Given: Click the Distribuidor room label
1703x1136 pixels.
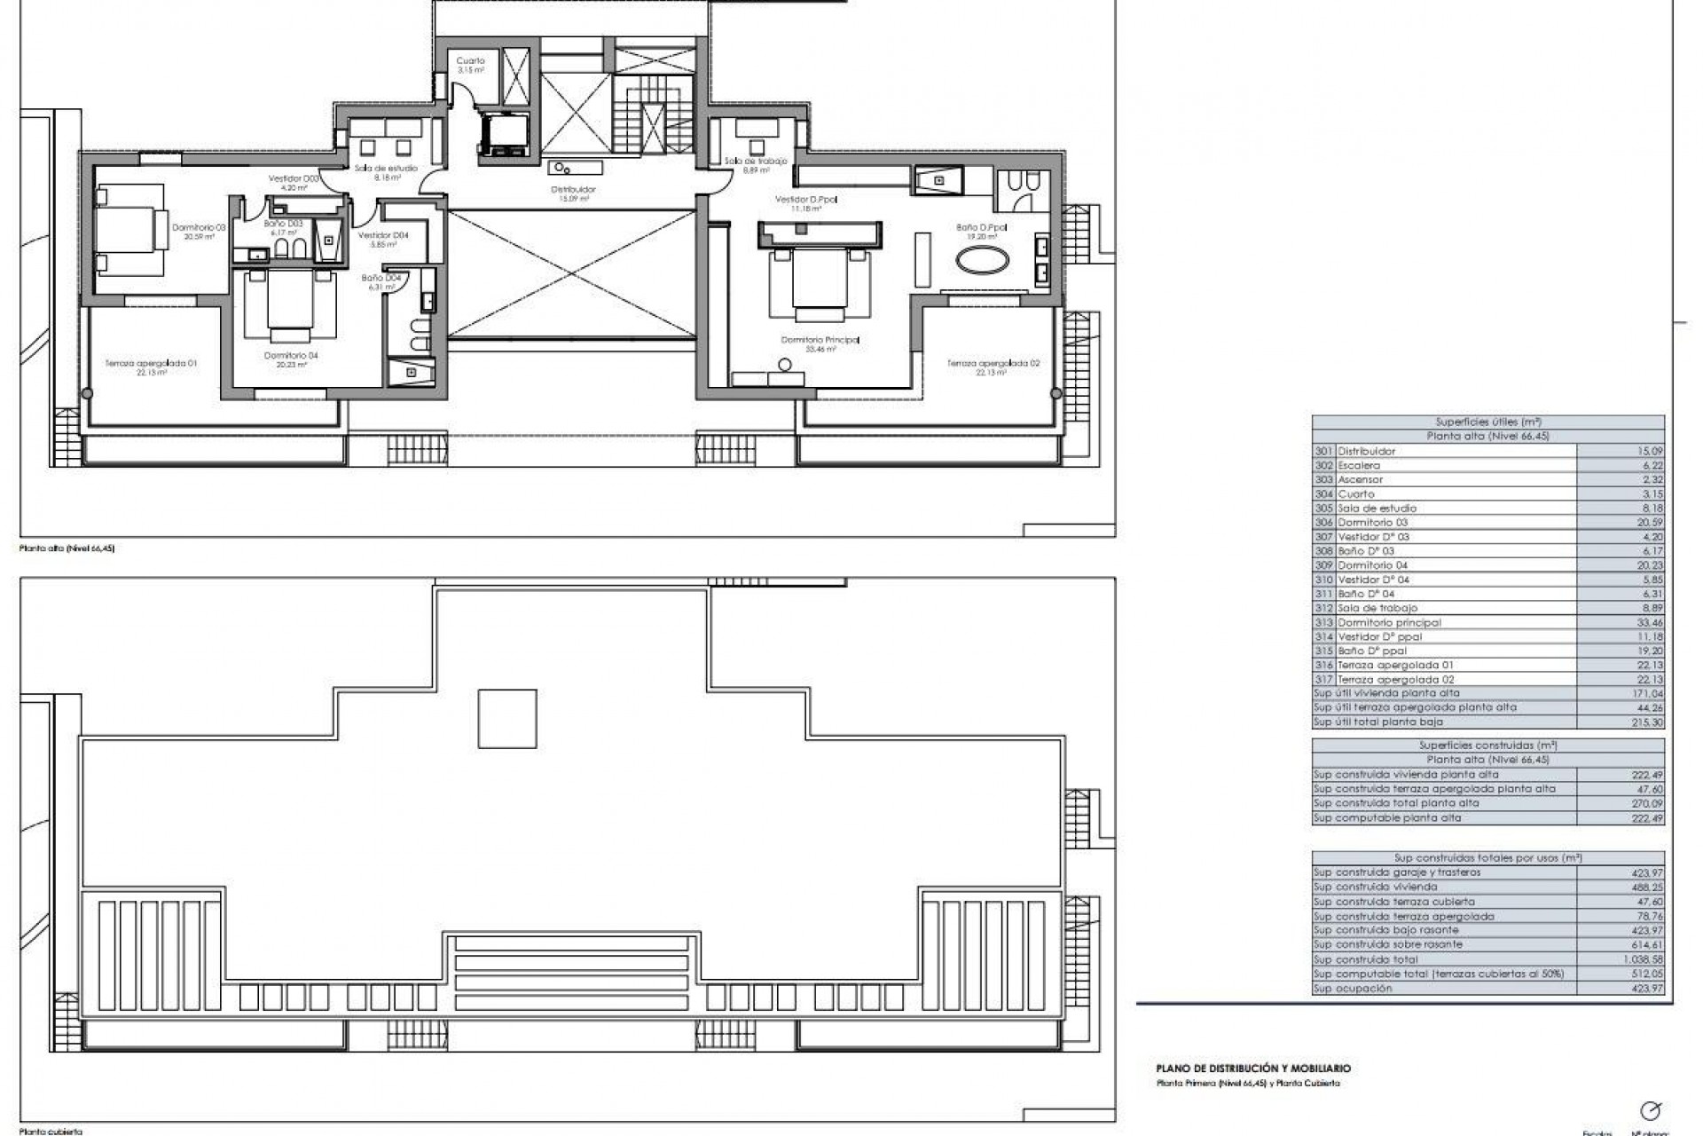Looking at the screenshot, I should coord(573,189).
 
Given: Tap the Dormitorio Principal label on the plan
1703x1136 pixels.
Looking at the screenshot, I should coord(820,340).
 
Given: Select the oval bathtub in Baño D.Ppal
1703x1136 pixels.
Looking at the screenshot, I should coord(980,262).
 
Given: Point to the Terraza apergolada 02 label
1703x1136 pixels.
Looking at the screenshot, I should coord(993,363).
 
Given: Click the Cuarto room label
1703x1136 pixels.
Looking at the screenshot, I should coord(470,61).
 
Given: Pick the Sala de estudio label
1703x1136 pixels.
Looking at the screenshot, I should coord(386,168).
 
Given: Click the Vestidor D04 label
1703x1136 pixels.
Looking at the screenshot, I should coord(383,235).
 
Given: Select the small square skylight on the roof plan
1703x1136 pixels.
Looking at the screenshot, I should coord(507,719).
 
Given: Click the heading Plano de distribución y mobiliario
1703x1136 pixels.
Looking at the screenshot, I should coord(1253,1069).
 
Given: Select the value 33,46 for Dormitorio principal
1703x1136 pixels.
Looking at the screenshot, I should coord(1651,622).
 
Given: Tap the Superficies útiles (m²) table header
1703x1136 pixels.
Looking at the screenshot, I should coord(1487,422).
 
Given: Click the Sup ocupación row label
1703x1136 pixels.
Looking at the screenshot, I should coord(1354,988).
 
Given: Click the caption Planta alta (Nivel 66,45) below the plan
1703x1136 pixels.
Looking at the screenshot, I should coord(67,548).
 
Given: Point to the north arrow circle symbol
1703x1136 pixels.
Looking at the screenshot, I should coord(1651,1110).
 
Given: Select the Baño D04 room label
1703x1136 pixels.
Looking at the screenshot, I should coord(381,278).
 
